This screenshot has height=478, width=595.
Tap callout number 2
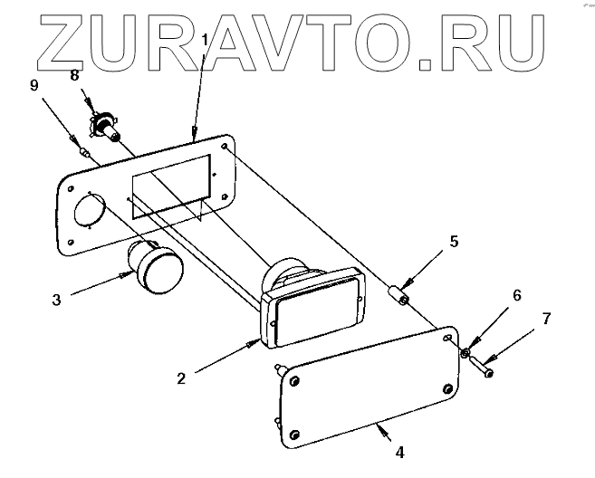181,378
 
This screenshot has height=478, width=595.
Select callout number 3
56,300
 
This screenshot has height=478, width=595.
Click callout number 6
517,296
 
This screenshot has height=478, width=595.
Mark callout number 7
545,318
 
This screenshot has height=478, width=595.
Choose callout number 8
77,76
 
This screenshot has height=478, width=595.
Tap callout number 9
34,87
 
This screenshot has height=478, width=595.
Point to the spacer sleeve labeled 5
397,295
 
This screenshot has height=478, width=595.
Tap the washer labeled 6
464,353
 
